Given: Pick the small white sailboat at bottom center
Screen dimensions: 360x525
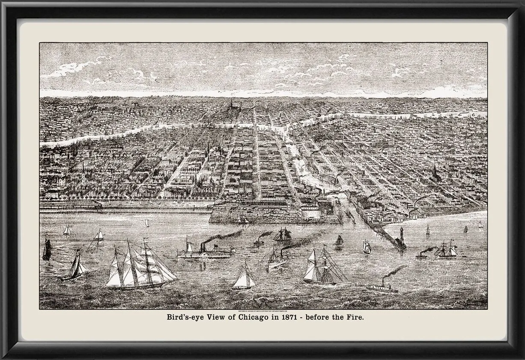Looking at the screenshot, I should (x=244, y=277).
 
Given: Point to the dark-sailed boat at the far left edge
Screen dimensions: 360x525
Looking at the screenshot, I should (x=47, y=249).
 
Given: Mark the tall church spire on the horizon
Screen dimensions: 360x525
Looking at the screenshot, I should (x=232, y=105).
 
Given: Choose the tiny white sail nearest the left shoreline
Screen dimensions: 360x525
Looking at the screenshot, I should (x=67, y=230).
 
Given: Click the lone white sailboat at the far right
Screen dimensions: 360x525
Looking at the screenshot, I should (x=480, y=225).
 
